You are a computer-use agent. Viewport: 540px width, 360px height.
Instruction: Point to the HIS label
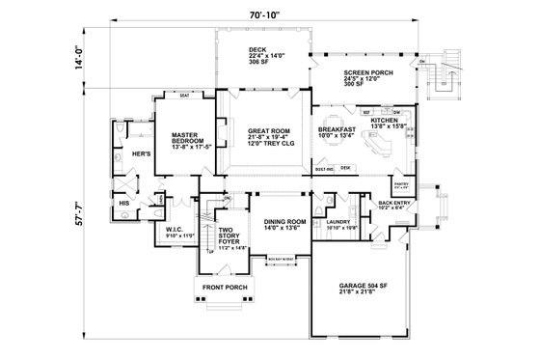click(123, 204)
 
